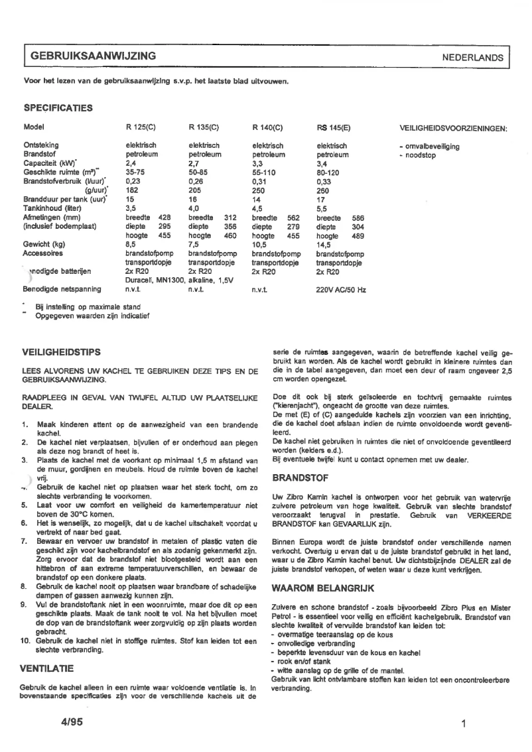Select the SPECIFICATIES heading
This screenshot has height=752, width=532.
[x=58, y=107]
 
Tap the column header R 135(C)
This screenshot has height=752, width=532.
[x=204, y=127]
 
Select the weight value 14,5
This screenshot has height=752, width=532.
[x=324, y=244]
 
